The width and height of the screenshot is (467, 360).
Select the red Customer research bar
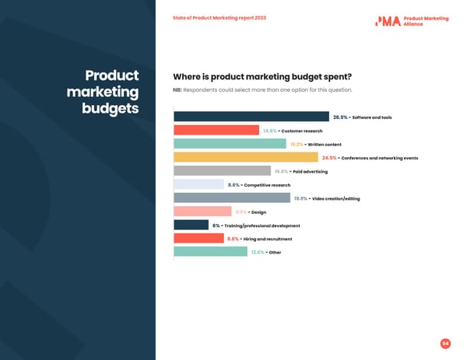point(216,131)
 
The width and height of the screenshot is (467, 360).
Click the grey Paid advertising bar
point(222,171)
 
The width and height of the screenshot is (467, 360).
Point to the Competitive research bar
point(198,184)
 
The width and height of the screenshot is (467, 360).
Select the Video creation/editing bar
point(221,198)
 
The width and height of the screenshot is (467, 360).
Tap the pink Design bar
point(202,211)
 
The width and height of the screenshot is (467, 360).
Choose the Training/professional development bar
point(191,225)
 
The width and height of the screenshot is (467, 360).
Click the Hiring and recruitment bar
point(198,239)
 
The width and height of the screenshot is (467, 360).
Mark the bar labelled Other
point(210,252)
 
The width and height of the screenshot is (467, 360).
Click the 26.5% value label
point(340,117)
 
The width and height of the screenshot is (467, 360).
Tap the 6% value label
point(216,225)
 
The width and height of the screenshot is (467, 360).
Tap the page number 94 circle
point(445,343)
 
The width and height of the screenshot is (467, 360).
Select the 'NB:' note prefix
point(177,90)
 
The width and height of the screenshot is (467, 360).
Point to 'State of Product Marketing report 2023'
point(219,17)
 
